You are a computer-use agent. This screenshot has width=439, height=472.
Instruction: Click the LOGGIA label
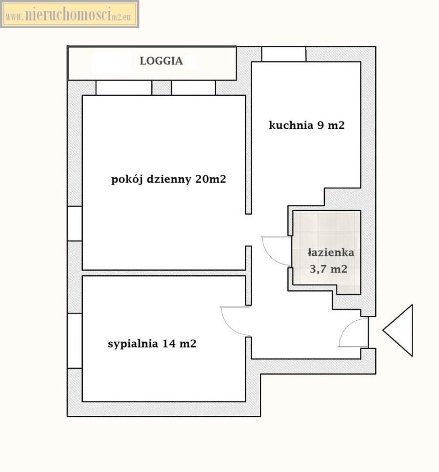point(161,61)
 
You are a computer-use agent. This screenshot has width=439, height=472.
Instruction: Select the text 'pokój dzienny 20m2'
point(168,180)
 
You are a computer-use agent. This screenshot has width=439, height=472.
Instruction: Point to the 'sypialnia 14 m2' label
point(152,344)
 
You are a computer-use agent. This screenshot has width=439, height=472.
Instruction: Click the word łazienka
point(331,252)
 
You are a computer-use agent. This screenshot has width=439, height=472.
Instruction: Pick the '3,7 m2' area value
point(329,269)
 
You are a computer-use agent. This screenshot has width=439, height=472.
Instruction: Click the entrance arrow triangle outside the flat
point(398,330)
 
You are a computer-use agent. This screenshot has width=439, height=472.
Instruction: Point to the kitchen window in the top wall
point(284,54)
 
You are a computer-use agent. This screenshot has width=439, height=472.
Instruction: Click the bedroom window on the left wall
point(75,340)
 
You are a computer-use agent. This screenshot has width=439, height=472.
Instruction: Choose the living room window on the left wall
point(75,224)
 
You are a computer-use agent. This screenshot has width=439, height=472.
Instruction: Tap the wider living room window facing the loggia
point(124,87)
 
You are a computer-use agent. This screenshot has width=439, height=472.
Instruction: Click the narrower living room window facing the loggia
point(194,87)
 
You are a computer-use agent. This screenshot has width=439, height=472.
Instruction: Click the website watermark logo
point(69,14)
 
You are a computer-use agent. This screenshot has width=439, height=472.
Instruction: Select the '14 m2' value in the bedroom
point(180,344)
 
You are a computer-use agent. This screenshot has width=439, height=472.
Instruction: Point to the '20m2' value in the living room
point(211,179)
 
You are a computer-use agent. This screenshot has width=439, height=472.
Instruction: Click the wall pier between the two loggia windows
point(161,87)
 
